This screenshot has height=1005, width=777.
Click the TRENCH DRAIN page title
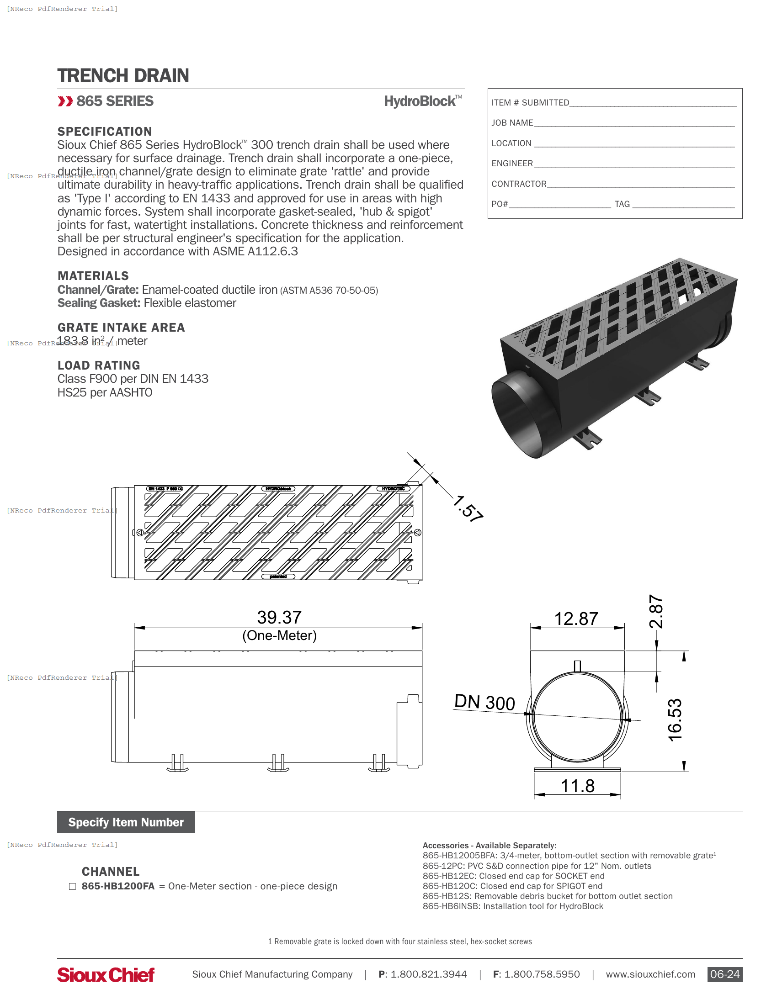[x=123, y=76]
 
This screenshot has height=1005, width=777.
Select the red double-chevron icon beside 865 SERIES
[x=65, y=101]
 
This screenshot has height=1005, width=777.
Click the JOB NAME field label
[x=512, y=123]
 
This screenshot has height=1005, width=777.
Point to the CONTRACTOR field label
[x=519, y=184]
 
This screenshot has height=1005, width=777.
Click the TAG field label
[x=622, y=204]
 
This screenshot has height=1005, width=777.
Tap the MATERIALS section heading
[x=93, y=276]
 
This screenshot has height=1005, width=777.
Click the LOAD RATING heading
[x=99, y=365]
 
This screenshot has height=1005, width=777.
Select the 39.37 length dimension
[x=279, y=618]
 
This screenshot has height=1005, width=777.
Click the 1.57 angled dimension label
[x=468, y=508]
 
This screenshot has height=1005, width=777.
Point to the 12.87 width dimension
[x=576, y=619]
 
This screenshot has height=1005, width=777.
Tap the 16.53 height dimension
[x=675, y=720]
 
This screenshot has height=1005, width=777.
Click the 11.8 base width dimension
[x=577, y=786]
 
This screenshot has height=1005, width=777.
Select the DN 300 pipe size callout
[x=484, y=702]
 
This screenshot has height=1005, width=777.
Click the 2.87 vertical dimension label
[x=656, y=612]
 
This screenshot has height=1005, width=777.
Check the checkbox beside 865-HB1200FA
[x=72, y=886]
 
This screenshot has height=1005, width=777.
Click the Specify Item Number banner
[x=126, y=822]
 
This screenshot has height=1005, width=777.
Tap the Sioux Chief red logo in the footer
[x=106, y=975]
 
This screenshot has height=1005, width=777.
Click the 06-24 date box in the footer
[x=724, y=974]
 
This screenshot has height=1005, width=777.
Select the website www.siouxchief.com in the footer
[x=650, y=974]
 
